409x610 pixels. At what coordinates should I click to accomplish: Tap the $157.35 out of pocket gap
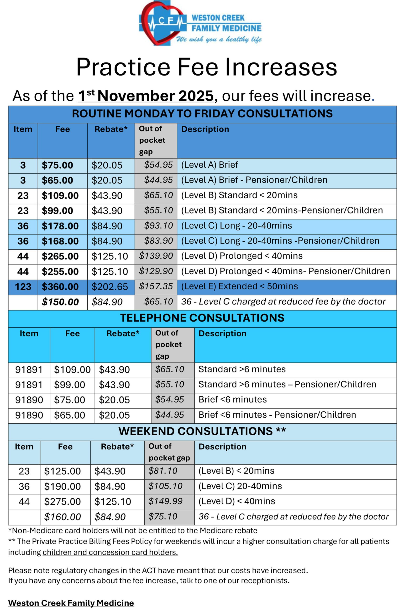point(156,286)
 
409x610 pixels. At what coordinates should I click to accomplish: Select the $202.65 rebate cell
point(110,287)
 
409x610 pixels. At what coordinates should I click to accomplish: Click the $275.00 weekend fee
point(62,501)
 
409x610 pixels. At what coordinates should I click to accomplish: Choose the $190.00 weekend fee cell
point(62,486)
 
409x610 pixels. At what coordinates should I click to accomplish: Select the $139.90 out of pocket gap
point(156,256)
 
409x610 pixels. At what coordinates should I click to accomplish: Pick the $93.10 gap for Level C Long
point(159,226)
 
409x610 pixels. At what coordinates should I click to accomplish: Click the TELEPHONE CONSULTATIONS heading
point(202,318)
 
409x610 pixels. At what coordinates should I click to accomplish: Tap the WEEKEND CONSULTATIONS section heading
point(202,431)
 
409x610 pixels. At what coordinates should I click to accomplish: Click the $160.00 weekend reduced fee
point(62,517)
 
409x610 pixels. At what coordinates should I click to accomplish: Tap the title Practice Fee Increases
point(207,67)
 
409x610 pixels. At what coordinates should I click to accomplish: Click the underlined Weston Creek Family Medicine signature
point(71,603)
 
